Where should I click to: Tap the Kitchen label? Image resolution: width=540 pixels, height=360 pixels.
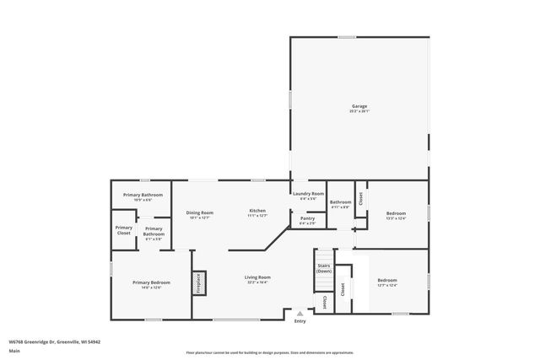pos(257,212)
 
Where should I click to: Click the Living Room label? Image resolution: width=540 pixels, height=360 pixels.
pos(257,279)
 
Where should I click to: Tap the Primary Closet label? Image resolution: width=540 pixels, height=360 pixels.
pos(124,229)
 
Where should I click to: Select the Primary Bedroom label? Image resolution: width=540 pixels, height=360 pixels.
pos(151,284)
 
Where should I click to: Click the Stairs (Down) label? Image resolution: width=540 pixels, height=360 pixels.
pos(324,269)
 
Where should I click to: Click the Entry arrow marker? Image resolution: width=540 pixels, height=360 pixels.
pos(299,313)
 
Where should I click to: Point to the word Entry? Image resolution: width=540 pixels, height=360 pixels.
pos(300,321)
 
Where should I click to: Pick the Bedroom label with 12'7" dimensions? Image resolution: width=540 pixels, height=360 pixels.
pos(387,282)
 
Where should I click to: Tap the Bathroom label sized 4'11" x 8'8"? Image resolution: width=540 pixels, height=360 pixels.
pos(340,203)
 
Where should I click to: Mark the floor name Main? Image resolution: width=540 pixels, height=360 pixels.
pos(14,350)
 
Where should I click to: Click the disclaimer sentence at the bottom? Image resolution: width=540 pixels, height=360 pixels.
pos(269,352)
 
